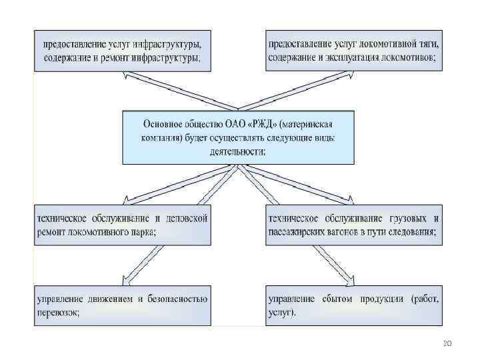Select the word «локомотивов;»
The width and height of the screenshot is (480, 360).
[410, 57]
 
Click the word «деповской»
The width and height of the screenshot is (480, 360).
[187, 217]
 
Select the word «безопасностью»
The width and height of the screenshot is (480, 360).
[175, 299]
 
